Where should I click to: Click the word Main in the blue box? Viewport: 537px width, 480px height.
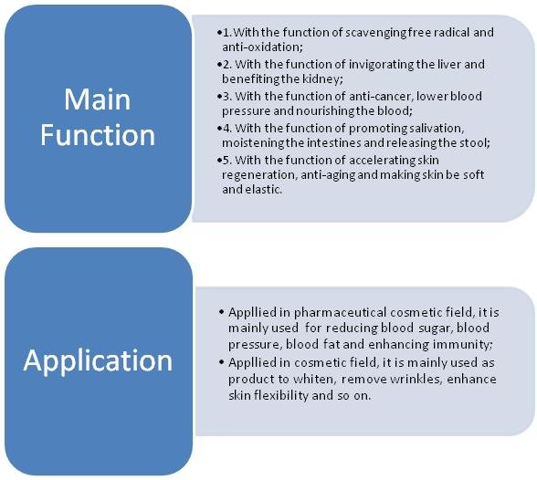pos(98,99)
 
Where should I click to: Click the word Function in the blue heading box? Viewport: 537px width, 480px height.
pos(98,135)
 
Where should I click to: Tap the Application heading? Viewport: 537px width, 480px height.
pos(98,361)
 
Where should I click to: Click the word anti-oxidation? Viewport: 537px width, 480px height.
pos(262,47)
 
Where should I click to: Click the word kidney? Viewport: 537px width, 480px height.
pos(321,79)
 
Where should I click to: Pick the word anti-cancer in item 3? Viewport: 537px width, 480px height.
pos(380,97)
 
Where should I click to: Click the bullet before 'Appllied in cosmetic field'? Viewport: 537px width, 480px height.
pos(221,362)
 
